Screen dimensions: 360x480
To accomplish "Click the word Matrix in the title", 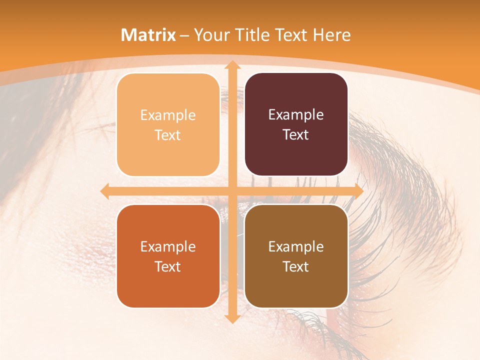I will point(148,35).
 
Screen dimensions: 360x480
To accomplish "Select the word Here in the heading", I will point(332,35).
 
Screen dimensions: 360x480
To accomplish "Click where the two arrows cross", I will point(231,191).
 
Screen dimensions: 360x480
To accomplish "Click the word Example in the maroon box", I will point(296,114).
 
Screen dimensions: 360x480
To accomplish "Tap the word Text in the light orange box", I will point(168,135).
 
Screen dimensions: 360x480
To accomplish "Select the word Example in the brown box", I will point(296,246).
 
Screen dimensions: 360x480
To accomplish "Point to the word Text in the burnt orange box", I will point(168,266).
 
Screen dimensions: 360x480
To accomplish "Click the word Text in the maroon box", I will point(296,134).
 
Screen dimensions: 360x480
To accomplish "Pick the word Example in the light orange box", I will point(168,115).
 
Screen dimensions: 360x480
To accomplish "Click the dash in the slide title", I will point(184,35).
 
